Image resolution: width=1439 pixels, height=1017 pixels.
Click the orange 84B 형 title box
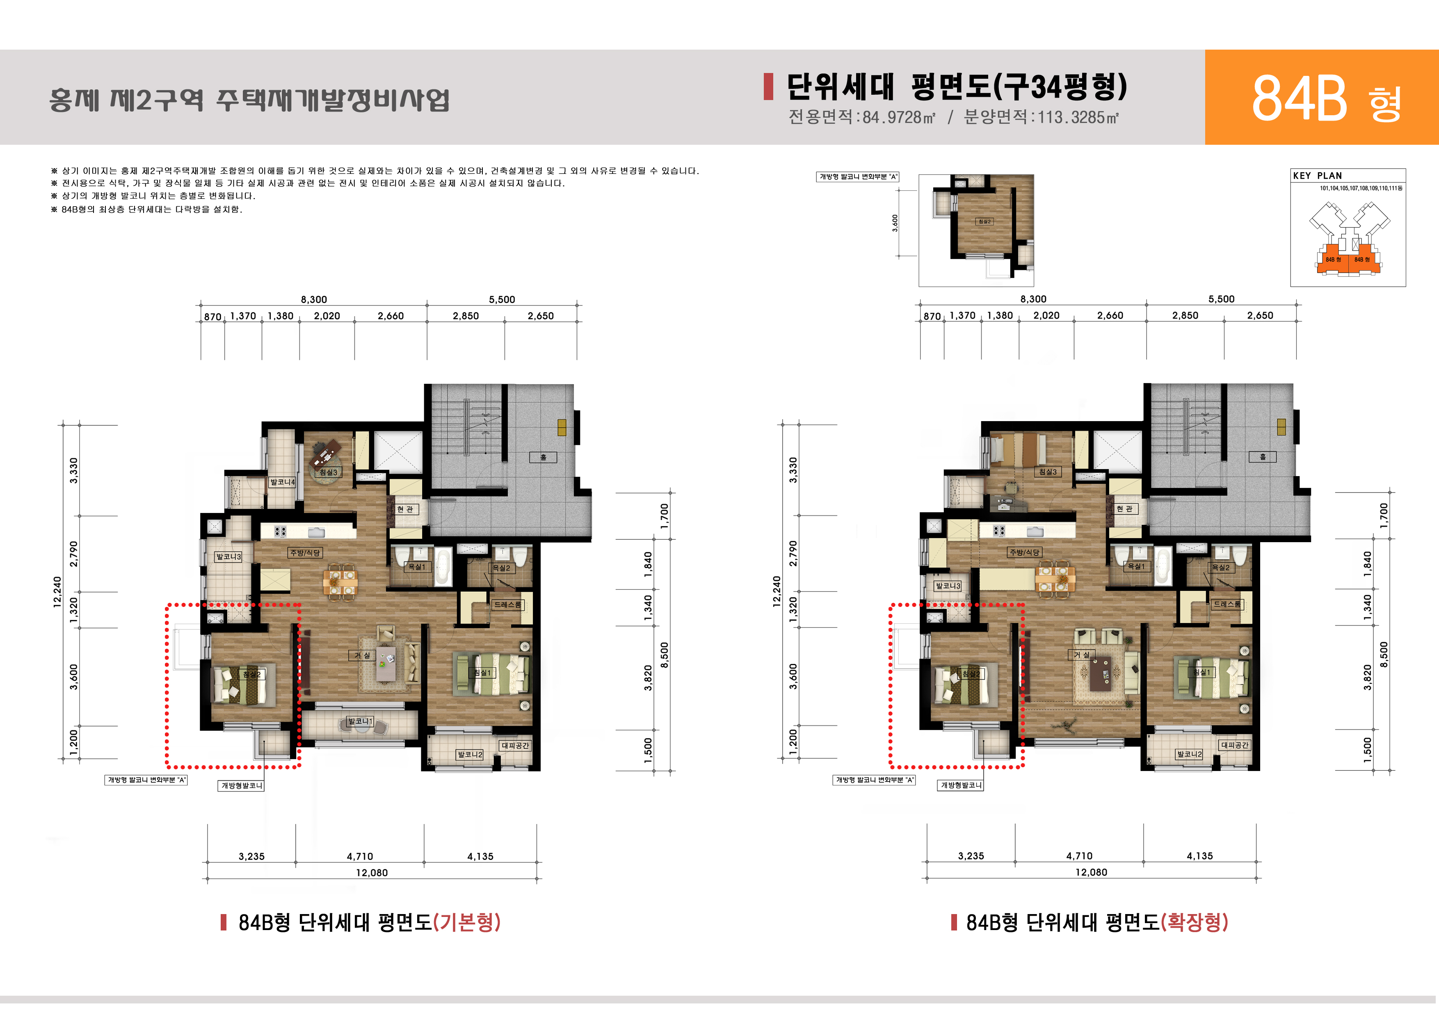pyautogui.click(x=1321, y=97)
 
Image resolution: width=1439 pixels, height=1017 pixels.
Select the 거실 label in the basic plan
pyautogui.click(x=362, y=655)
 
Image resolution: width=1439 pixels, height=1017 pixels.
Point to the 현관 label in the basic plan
pyautogui.click(x=405, y=509)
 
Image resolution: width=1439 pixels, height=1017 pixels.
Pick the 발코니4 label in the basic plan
pyautogui.click(x=282, y=482)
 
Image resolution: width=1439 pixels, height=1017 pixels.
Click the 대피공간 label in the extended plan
pyautogui.click(x=1235, y=745)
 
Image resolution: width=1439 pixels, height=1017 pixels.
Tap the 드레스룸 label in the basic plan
pyautogui.click(x=507, y=605)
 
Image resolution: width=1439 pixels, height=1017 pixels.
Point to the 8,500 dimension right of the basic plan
pyautogui.click(x=665, y=655)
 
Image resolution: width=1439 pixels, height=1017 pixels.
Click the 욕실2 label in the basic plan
pyautogui.click(x=501, y=568)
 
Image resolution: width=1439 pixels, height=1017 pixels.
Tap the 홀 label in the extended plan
pyautogui.click(x=1262, y=457)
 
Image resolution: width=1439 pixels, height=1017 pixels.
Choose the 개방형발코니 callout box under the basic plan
pyautogui.click(x=241, y=786)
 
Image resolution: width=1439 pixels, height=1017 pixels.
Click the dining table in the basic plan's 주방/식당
pyautogui.click(x=341, y=580)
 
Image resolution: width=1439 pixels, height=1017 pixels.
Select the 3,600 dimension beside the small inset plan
pyautogui.click(x=895, y=223)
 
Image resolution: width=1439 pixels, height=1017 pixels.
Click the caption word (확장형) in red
pyautogui.click(x=1194, y=922)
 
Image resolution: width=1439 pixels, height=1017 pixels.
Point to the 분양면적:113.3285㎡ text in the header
pyautogui.click(x=1041, y=117)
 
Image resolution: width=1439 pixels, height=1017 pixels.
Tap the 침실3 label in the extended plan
pyautogui.click(x=1047, y=472)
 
